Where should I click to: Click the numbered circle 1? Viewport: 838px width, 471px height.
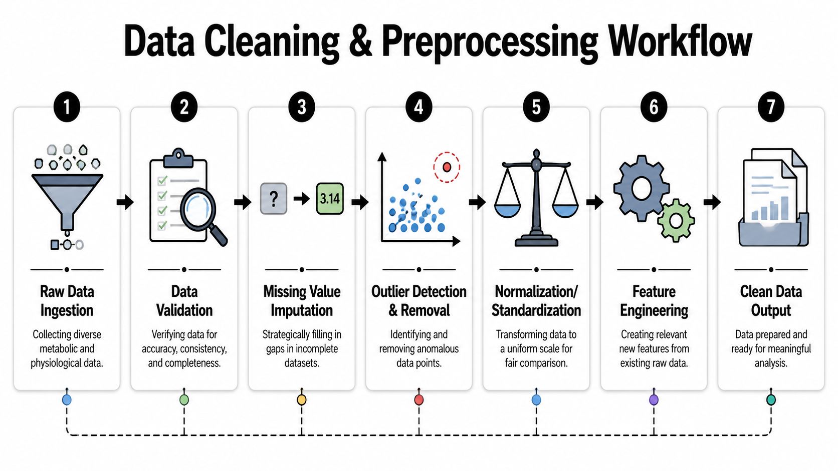click(67, 107)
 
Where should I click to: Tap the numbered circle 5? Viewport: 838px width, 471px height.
click(536, 107)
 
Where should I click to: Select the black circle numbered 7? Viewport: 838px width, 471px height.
click(771, 107)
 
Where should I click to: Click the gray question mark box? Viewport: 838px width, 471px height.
click(274, 198)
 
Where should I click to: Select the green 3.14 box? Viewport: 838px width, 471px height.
click(330, 198)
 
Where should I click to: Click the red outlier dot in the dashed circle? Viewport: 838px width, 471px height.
click(447, 167)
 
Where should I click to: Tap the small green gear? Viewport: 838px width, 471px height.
click(676, 220)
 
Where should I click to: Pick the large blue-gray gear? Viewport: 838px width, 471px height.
click(642, 188)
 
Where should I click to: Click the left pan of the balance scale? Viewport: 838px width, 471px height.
click(507, 210)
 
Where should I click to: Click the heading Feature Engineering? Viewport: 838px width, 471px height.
click(654, 301)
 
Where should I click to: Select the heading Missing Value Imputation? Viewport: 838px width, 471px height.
click(302, 301)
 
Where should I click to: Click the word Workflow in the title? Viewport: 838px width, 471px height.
click(680, 41)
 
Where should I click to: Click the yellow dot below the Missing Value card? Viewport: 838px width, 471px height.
click(302, 400)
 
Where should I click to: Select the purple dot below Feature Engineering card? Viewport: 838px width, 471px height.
click(654, 400)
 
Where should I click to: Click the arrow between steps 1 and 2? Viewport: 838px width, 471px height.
click(125, 202)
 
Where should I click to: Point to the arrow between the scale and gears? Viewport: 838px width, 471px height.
click(594, 202)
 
